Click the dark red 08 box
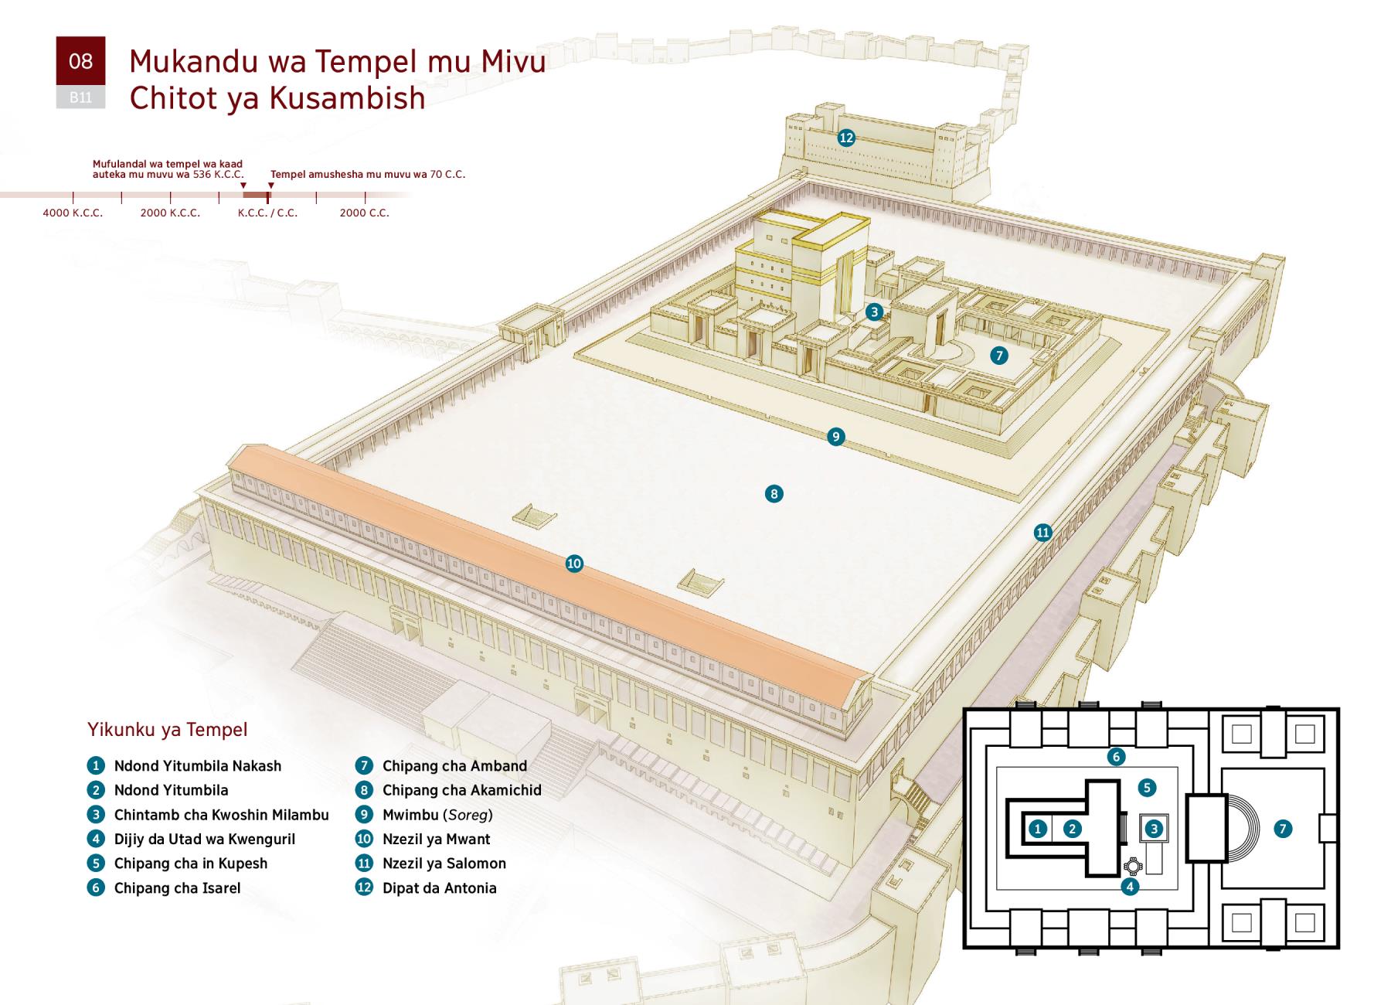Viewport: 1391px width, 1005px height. (x=80, y=61)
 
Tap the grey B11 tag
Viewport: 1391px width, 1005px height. (x=80, y=97)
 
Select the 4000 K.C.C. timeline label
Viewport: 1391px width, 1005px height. (x=73, y=213)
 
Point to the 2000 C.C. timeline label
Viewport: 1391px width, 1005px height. (x=365, y=213)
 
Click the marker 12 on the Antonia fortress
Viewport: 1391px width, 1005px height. (x=846, y=138)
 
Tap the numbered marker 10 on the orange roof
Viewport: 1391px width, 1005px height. (x=574, y=564)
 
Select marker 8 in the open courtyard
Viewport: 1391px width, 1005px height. (x=774, y=493)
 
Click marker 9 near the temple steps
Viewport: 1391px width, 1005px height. (x=835, y=437)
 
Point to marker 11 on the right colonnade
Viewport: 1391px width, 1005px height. (x=1043, y=532)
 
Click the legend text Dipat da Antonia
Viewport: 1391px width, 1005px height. (x=440, y=888)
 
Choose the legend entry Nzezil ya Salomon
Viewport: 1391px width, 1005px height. (x=444, y=864)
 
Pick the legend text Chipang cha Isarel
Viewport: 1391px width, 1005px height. (x=178, y=888)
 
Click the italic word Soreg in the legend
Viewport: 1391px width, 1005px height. (x=468, y=815)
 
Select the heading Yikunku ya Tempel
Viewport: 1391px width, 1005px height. (x=168, y=729)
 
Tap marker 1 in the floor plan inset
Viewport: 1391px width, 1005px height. (x=1039, y=829)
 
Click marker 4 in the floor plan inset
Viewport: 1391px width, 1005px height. (x=1130, y=887)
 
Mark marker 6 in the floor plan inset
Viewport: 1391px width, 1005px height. (x=1115, y=756)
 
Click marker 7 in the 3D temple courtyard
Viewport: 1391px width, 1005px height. (x=999, y=355)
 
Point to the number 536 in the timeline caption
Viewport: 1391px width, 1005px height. (x=202, y=175)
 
